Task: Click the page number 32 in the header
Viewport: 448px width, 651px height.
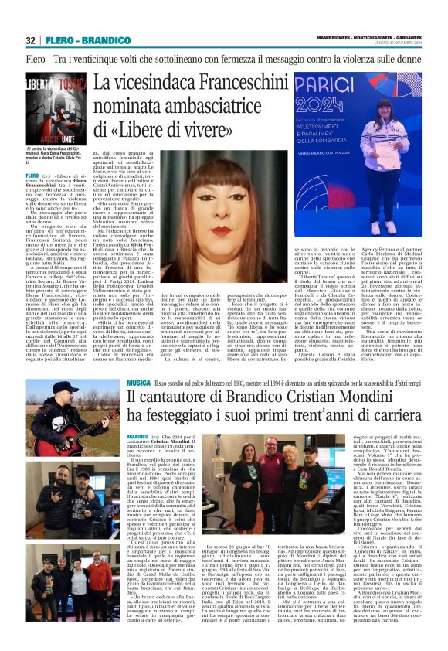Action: pos(31,40)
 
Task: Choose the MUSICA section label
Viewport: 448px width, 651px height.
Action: pos(141,383)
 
